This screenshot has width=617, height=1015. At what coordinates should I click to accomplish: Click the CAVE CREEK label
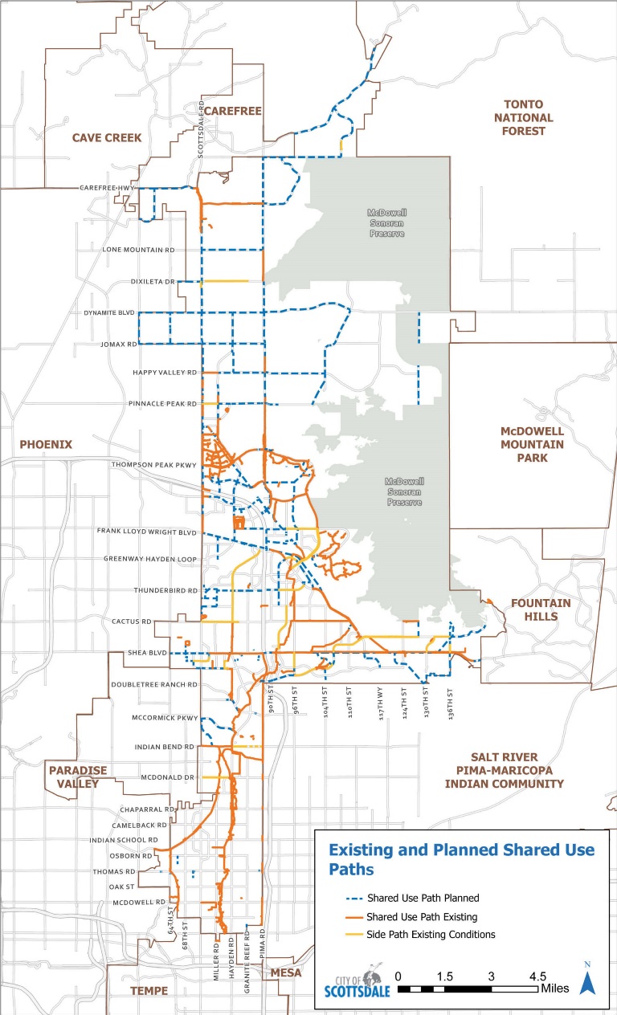point(107,137)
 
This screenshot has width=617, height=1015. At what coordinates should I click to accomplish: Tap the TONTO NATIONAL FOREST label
point(523,117)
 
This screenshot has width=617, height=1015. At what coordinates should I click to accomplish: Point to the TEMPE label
point(149,990)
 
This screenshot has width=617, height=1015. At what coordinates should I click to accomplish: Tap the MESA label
point(286,972)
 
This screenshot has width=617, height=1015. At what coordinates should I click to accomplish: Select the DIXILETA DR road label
point(153,282)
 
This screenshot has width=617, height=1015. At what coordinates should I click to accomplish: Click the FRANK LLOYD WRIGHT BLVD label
point(147,532)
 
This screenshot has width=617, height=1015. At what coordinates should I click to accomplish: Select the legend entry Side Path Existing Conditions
point(430,934)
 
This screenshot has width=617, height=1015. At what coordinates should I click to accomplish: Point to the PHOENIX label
point(46,444)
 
